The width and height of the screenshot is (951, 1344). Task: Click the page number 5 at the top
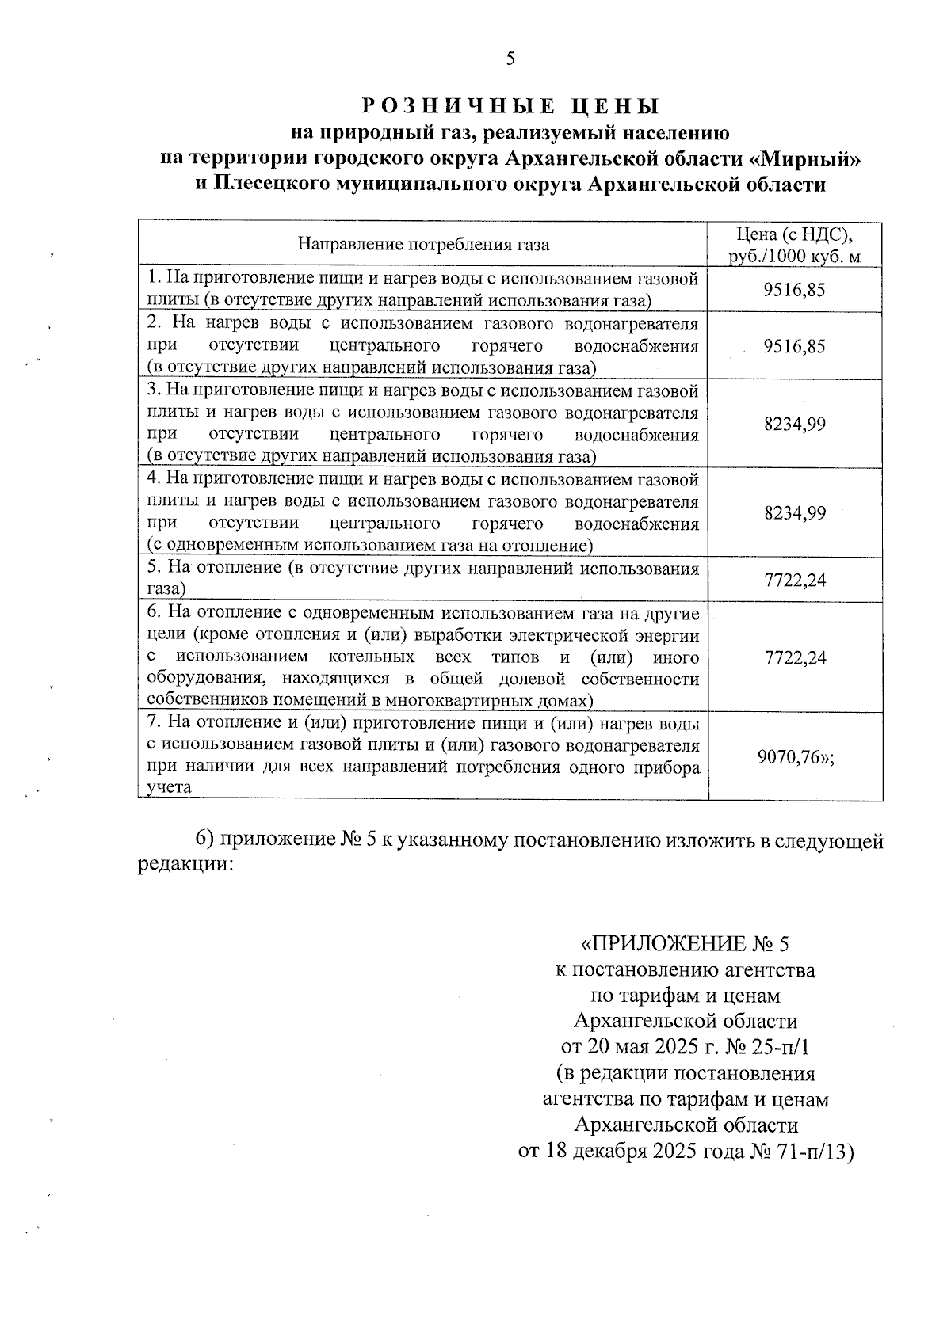click(x=510, y=59)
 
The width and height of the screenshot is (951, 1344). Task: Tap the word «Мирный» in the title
click(x=804, y=158)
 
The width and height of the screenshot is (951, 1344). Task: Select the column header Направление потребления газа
click(x=423, y=245)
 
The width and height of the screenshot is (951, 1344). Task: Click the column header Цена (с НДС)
click(x=794, y=234)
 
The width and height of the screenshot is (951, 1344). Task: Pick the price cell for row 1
click(x=794, y=290)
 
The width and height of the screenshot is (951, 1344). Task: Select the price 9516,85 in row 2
click(x=794, y=347)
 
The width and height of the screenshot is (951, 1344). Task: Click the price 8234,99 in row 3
click(x=794, y=425)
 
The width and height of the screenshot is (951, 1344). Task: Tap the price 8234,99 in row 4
click(x=794, y=513)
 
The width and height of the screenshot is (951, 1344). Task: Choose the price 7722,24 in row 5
click(x=794, y=581)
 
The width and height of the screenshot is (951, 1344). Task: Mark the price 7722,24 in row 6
click(x=794, y=658)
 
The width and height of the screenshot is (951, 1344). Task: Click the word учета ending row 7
click(x=170, y=789)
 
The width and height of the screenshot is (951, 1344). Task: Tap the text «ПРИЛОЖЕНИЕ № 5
click(x=686, y=944)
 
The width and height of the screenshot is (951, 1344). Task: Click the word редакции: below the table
click(x=185, y=865)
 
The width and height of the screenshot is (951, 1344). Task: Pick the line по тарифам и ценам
click(x=686, y=996)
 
